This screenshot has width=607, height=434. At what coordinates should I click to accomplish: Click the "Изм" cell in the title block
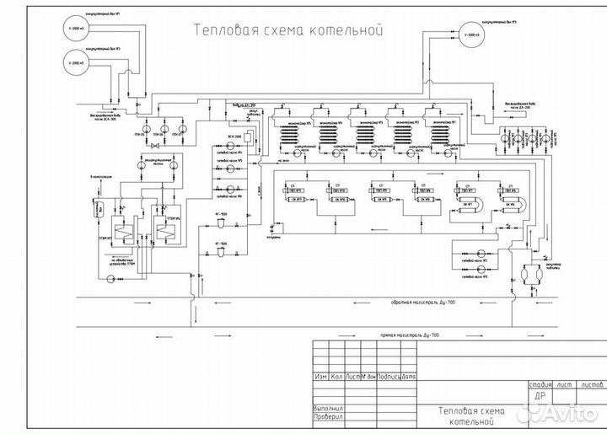click(x=320, y=377)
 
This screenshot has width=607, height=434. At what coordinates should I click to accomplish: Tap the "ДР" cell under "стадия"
click(x=540, y=395)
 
